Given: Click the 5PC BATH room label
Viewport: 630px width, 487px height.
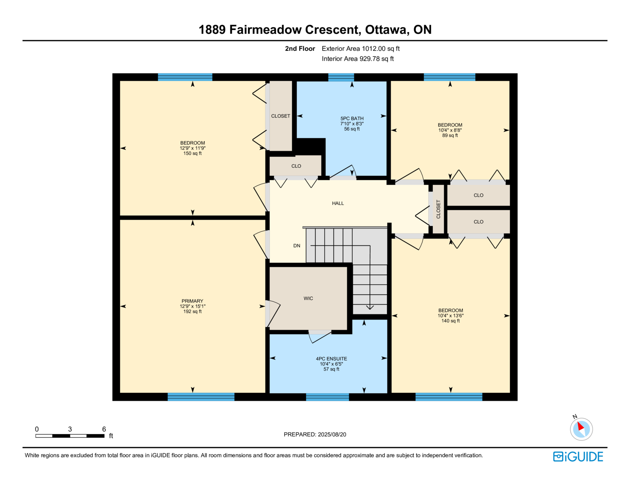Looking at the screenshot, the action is tap(352, 118).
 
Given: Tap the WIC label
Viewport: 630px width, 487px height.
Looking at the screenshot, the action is tap(308, 298).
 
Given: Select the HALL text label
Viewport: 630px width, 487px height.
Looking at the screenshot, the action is tap(338, 203).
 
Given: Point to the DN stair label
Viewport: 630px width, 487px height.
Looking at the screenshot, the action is tap(296, 246).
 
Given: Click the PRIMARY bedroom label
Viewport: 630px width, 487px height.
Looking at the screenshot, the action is tap(192, 301).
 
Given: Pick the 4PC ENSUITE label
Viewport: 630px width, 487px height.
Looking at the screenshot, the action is tap(332, 359).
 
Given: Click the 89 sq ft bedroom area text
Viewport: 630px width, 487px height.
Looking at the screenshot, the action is tap(450, 136).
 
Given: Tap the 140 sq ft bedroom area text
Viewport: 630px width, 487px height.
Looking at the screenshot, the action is tap(450, 321).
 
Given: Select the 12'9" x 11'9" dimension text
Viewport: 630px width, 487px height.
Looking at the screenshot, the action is tap(193, 148).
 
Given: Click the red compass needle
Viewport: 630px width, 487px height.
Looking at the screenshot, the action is tap(580, 426).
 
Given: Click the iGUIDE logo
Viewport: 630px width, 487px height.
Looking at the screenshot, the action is tap(578, 456).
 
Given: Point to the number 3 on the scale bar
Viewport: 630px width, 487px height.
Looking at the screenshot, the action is tap(70, 429).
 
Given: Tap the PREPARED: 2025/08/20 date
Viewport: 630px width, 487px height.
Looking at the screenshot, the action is tap(315, 434).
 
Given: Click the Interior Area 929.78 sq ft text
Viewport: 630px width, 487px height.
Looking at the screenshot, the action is tap(358, 59).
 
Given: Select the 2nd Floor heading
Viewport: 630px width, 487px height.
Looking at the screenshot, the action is tap(300, 48).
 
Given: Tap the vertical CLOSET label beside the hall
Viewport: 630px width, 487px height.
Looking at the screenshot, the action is tap(438, 209).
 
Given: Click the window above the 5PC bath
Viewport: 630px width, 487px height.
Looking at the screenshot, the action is tap(341, 77).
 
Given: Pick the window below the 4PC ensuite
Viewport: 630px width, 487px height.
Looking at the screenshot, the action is tap(327, 397).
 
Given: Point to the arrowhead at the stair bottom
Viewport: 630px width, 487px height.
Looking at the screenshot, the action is tap(370, 307).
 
